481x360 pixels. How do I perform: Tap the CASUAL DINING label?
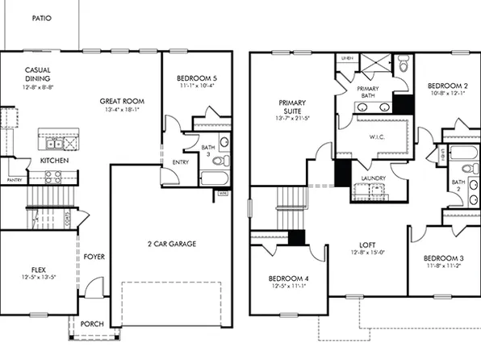coord(39,75)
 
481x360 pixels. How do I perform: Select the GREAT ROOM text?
coord(121,102)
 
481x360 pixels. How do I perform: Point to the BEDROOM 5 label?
coord(197,79)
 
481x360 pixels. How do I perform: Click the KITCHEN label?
coord(54,161)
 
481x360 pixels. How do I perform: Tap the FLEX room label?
coord(39,269)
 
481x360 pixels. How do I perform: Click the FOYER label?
coord(94,257)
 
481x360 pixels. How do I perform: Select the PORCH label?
coord(92,324)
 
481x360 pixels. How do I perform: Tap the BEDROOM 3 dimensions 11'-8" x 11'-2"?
coord(441,266)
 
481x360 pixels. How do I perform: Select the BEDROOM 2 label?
coord(447,85)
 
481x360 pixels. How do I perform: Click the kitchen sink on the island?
coord(53,144)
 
